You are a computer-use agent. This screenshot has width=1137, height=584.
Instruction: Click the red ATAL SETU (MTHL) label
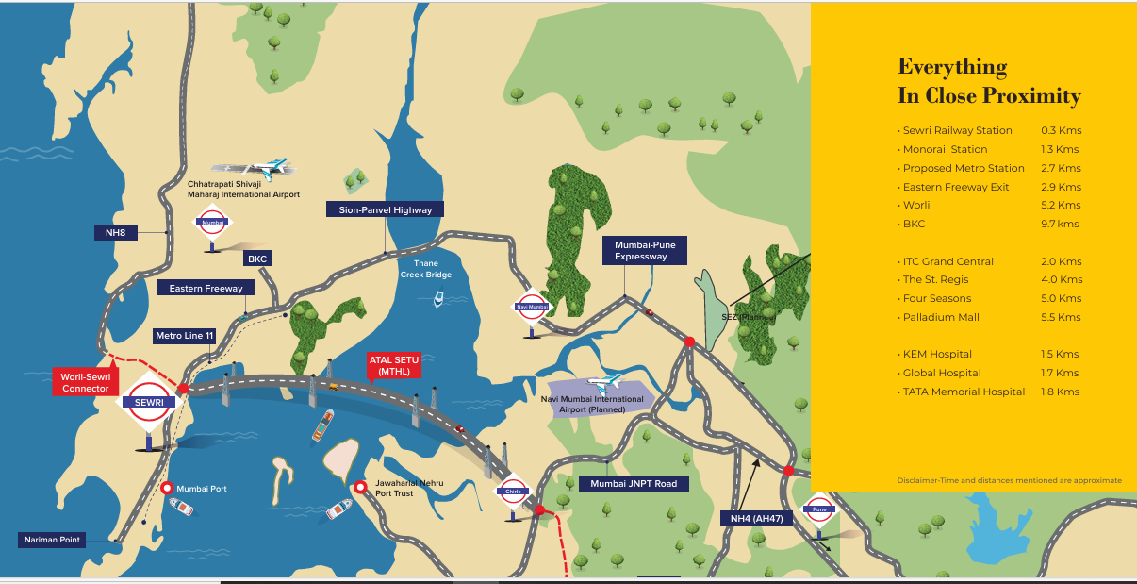click(394, 365)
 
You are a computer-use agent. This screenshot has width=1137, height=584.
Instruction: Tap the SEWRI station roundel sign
click(147, 401)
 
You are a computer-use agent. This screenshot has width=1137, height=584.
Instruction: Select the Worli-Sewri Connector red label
click(85, 382)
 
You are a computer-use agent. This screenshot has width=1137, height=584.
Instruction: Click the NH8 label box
click(116, 232)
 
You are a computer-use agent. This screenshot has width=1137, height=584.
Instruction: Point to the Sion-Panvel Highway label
click(385, 209)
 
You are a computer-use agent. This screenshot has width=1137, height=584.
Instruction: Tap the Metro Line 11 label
click(185, 336)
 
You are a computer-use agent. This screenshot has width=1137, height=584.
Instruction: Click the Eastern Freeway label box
click(206, 288)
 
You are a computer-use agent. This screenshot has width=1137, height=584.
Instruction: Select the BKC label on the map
click(257, 258)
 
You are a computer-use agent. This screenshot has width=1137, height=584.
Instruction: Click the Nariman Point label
click(53, 540)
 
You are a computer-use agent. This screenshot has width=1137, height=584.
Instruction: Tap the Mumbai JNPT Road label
click(633, 483)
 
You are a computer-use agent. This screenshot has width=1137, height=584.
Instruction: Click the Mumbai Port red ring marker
click(167, 488)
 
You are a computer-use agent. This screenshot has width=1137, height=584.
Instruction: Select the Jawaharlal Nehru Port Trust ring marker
click(360, 487)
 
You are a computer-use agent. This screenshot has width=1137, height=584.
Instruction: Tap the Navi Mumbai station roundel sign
click(533, 307)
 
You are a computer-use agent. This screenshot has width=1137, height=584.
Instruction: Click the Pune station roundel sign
click(818, 509)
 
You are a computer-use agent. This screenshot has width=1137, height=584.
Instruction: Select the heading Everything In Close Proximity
click(988, 81)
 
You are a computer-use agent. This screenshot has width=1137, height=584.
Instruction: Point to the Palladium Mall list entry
click(941, 317)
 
